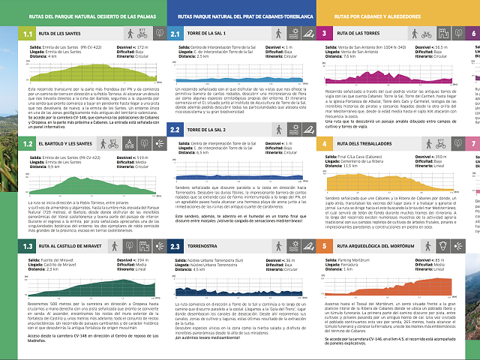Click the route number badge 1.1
tap(27, 34)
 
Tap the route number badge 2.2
tap(175, 130)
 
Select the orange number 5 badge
tap(324, 246)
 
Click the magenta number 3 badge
tap(324, 34)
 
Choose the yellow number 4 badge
tap(324, 142)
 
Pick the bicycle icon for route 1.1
tap(143, 34)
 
